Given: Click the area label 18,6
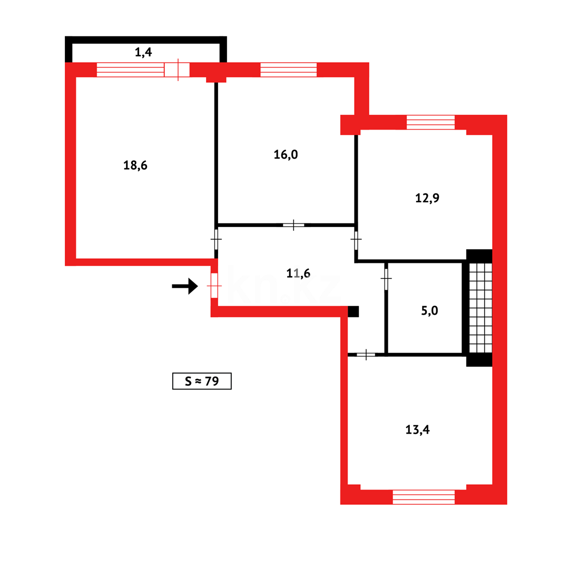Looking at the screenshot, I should click(135, 165).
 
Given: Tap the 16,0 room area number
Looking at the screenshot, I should click(286, 154).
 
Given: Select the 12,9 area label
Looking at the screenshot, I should click(427, 198).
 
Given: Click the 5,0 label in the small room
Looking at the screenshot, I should click(429, 310).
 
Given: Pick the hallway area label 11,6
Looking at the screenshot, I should click(298, 273).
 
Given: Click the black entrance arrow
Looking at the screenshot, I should click(185, 286).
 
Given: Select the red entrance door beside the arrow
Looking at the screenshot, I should click(214, 286).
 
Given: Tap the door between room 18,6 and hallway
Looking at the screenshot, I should click(216, 239).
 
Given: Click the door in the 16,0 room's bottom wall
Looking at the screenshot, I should click(293, 225).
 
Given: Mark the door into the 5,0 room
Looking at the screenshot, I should click(386, 279).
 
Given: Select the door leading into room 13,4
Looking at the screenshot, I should click(366, 355).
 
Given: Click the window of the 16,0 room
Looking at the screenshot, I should click(288, 70).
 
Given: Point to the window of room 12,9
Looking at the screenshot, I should click(430, 122).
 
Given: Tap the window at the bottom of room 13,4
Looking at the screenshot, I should click(424, 497).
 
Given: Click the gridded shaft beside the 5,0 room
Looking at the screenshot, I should click(480, 308).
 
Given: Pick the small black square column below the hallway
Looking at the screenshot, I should click(353, 311).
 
